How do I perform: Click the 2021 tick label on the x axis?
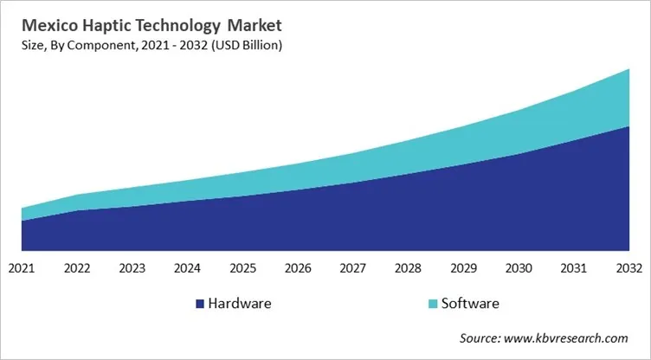click(x=22, y=268)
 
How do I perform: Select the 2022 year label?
click(x=77, y=268)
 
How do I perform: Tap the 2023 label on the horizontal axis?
click(x=132, y=268)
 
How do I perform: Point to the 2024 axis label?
click(x=187, y=268)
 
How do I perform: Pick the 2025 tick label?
click(x=242, y=268)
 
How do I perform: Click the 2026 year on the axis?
click(x=298, y=268)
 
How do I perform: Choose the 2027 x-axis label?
click(x=352, y=268)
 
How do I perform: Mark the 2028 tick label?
click(x=408, y=268)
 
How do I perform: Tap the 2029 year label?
click(x=463, y=268)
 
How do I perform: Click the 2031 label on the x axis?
click(x=573, y=268)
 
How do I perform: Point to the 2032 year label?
click(x=628, y=268)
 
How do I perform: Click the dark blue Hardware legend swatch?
click(x=199, y=304)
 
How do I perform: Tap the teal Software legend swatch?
click(x=433, y=304)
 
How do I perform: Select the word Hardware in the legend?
click(x=240, y=304)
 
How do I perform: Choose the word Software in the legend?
click(x=470, y=304)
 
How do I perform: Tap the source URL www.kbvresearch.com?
click(x=577, y=337)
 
